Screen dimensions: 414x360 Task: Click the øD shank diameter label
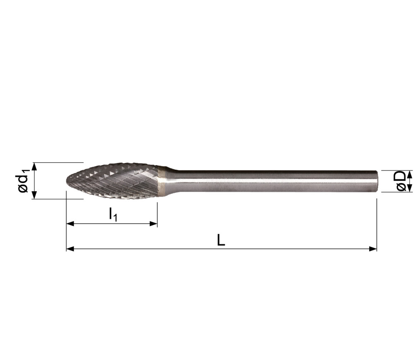pos(401,181)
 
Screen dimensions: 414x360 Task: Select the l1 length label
pos(113,214)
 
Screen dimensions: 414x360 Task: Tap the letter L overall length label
pos(221,240)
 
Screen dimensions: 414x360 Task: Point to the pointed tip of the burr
pos(66,181)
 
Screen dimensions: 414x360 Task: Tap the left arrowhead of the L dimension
pos(70,249)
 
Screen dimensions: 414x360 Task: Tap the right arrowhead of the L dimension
pos(373,249)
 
